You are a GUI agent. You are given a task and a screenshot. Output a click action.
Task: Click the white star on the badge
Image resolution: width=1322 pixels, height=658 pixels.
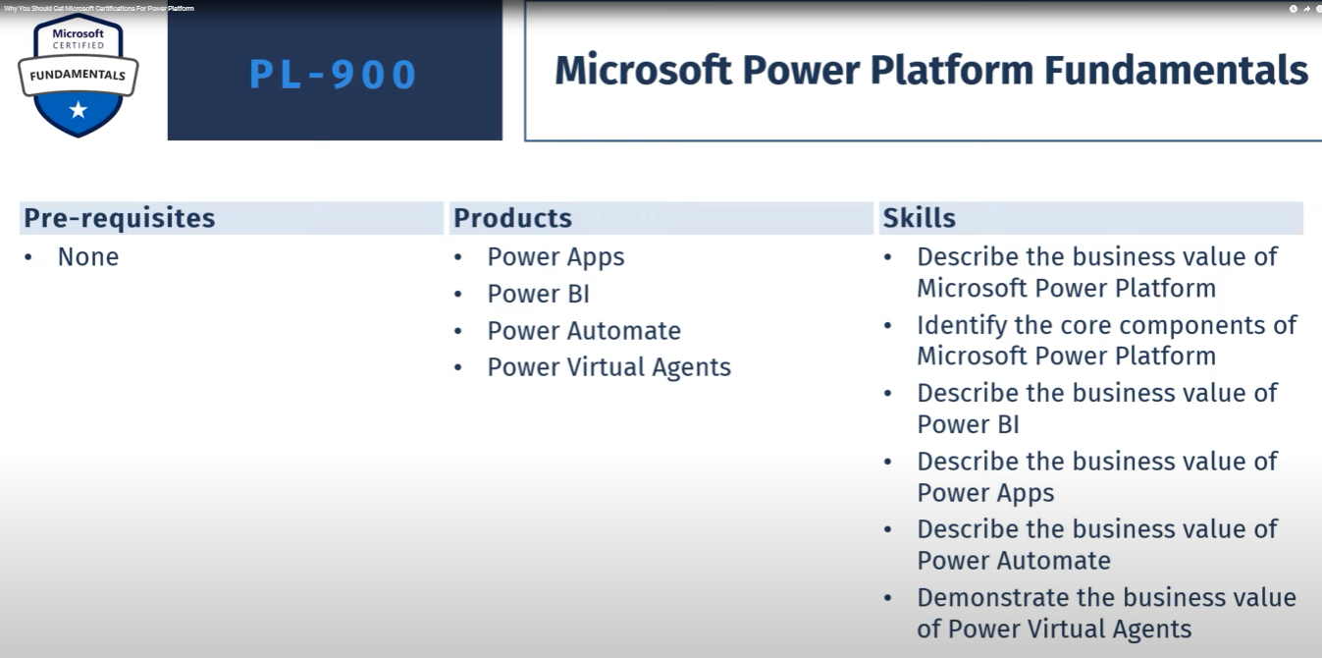pos(78,110)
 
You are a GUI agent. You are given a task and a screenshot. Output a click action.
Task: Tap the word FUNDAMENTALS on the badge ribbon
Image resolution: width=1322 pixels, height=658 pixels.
pos(78,75)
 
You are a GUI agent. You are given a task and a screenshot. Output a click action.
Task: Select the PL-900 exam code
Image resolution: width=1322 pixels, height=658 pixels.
pos(334,75)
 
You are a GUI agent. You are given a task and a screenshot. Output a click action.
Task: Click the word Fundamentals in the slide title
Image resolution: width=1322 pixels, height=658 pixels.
pos(1176,71)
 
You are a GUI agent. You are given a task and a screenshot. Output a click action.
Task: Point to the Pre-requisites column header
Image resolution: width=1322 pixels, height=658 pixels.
pos(119,218)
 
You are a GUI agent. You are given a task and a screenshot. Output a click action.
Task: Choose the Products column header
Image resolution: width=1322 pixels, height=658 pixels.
pos(512,218)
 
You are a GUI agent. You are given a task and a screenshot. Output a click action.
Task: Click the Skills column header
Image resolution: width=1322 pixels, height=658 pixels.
pos(919,218)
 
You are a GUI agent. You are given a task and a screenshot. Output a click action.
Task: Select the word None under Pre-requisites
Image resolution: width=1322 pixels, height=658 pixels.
pos(88,257)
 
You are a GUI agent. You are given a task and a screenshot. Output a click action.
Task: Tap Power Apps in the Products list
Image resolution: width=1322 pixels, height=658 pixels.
pos(555,257)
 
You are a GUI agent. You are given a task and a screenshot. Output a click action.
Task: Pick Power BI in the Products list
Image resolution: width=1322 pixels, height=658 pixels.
pos(538,294)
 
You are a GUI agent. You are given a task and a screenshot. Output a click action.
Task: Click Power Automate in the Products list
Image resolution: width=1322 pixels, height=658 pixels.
pos(584,331)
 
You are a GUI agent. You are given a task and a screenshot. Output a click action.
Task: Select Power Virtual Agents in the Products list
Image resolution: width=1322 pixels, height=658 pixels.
pos(609,367)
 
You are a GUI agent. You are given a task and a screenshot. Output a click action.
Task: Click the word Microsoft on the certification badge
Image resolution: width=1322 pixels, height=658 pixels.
pos(78,33)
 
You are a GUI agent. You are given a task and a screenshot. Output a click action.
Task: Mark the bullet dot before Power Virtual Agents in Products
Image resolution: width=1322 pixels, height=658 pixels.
pos(458,367)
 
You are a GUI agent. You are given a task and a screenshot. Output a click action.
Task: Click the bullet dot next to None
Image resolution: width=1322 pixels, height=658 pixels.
pos(27,257)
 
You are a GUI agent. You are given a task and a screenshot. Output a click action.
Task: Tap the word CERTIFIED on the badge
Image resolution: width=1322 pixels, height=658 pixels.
pos(78,45)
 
